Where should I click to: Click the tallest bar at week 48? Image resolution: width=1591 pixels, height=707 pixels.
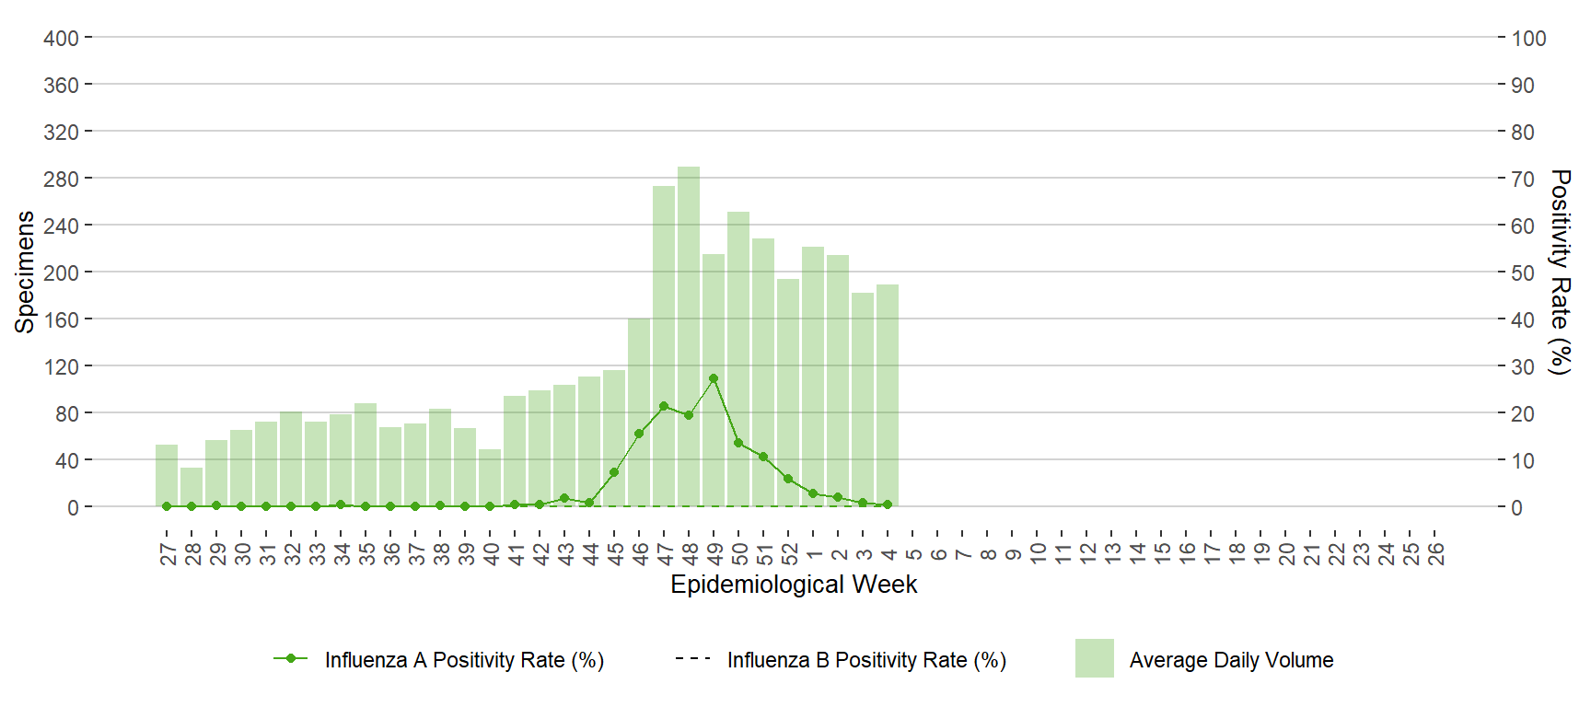(689, 336)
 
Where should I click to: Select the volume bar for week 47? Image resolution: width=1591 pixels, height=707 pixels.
(664, 346)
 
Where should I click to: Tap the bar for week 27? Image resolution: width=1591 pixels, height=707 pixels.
(167, 476)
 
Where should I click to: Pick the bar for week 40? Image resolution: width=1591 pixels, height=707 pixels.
(490, 478)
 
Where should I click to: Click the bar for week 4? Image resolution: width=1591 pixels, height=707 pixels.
(888, 396)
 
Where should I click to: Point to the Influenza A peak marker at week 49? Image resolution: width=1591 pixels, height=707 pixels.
(714, 378)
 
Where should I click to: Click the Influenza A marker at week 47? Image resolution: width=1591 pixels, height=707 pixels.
(664, 406)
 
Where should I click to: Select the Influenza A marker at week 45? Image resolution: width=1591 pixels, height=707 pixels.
(614, 472)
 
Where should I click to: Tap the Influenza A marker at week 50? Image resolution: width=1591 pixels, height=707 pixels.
(738, 443)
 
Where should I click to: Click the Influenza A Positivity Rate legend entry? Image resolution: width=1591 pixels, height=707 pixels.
(438, 660)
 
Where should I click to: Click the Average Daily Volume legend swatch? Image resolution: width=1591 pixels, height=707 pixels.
(1095, 658)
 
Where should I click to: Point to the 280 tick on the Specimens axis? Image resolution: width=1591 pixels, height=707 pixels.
(61, 179)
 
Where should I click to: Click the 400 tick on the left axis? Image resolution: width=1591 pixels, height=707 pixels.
(61, 39)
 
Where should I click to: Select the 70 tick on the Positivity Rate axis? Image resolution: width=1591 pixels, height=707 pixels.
(1523, 179)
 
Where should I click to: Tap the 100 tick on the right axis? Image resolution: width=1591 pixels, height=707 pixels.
(1528, 39)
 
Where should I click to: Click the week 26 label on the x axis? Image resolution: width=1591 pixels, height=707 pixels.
(1436, 553)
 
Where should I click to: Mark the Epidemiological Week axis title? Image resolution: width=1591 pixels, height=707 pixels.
(794, 585)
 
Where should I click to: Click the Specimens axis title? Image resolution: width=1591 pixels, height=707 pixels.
(25, 272)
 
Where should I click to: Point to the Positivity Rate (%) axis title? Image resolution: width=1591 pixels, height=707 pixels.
(1559, 272)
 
